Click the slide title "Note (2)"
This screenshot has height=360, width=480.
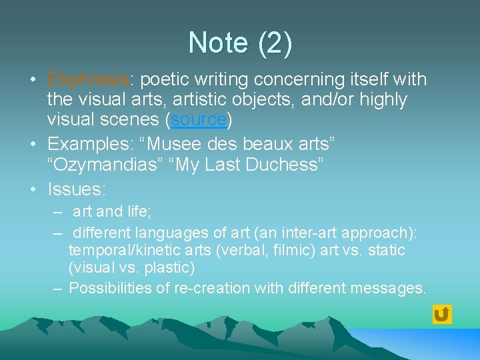click(240, 43)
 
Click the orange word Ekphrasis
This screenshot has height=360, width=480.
click(88, 79)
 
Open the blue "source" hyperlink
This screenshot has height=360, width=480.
click(199, 120)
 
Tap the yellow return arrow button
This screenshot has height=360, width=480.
click(441, 314)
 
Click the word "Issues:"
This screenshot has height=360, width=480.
click(77, 189)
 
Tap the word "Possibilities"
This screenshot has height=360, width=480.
click(113, 288)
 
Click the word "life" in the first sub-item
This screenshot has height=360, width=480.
click(141, 211)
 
